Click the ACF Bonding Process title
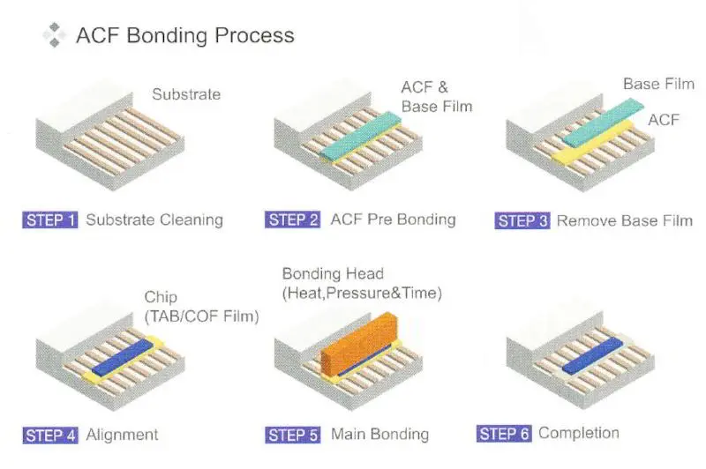[x=184, y=36]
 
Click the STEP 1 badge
[x=50, y=220]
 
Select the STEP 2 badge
[x=292, y=220]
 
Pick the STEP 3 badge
[x=522, y=220]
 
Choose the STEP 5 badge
[x=292, y=435]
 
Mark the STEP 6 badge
[x=504, y=433]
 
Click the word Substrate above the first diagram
[x=185, y=93]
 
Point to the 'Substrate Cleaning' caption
[x=154, y=220]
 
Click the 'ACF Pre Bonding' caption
[x=393, y=220]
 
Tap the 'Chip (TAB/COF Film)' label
[x=201, y=307]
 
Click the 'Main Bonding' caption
[x=379, y=435]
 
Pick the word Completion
[x=579, y=433]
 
